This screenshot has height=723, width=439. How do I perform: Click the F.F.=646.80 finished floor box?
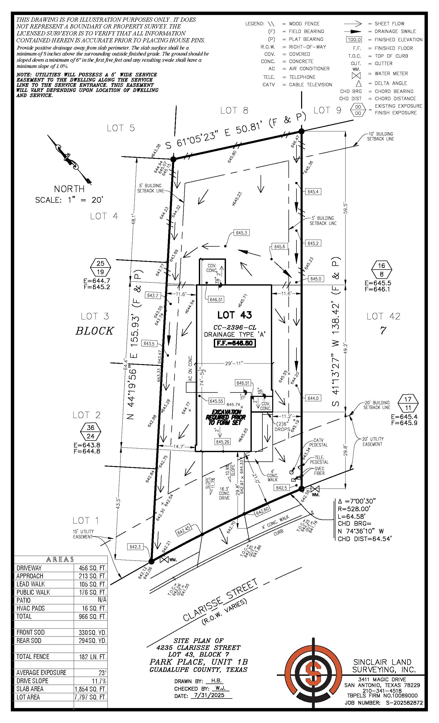click(235, 343)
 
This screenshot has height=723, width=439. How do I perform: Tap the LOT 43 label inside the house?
click(234, 315)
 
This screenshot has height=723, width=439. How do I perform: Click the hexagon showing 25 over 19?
click(100, 267)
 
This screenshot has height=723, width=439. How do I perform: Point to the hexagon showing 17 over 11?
click(408, 403)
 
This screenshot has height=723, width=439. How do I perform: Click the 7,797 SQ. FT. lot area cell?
click(90, 697)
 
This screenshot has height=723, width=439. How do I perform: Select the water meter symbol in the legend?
click(356, 75)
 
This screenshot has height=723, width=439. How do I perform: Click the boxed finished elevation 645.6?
click(279, 247)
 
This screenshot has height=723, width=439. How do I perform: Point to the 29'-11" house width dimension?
click(234, 364)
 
